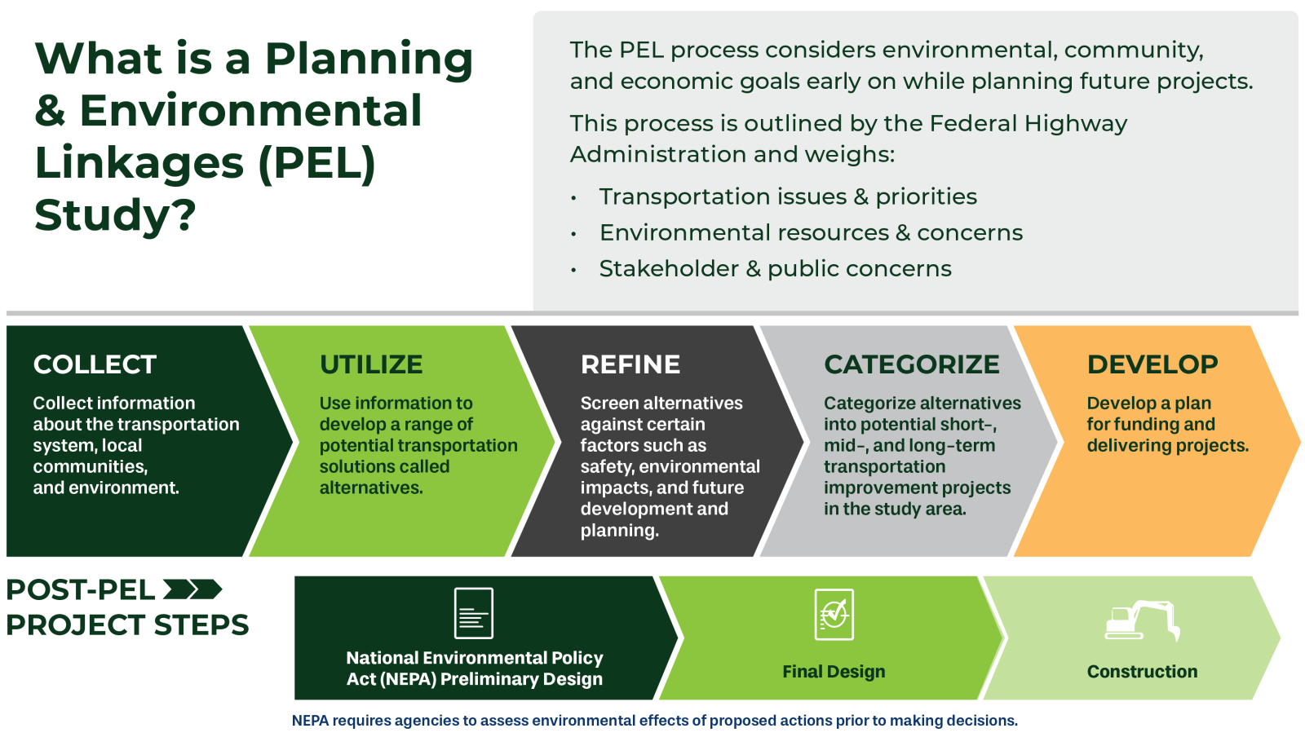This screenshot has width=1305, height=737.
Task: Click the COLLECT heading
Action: tap(95, 365)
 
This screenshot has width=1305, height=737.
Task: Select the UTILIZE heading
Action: tap(371, 365)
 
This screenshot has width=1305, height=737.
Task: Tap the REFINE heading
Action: tap(630, 365)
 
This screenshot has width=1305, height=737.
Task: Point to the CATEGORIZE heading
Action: tap(912, 365)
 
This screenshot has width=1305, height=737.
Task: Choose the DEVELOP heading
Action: tap(1152, 365)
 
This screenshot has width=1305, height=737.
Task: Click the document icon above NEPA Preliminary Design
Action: tap(474, 613)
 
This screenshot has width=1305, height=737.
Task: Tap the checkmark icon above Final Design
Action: tap(834, 615)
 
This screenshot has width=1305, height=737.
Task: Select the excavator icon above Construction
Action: tap(1143, 620)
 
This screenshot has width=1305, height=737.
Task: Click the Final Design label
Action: tap(834, 672)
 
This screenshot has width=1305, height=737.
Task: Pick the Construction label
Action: tap(1143, 672)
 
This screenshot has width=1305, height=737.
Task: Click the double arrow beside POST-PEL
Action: tap(192, 589)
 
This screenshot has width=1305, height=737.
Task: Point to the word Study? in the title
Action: tap(115, 215)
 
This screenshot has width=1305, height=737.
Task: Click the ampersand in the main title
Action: tap(50, 111)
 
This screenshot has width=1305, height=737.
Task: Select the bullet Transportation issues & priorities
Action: tap(788, 196)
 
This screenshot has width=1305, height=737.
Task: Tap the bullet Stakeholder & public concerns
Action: tap(776, 269)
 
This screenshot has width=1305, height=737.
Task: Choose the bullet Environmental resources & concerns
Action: tap(811, 233)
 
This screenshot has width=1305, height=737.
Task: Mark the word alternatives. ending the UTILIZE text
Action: tap(371, 488)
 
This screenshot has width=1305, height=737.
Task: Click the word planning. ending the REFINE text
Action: tap(620, 531)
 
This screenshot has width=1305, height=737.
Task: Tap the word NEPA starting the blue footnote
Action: tap(310, 721)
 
